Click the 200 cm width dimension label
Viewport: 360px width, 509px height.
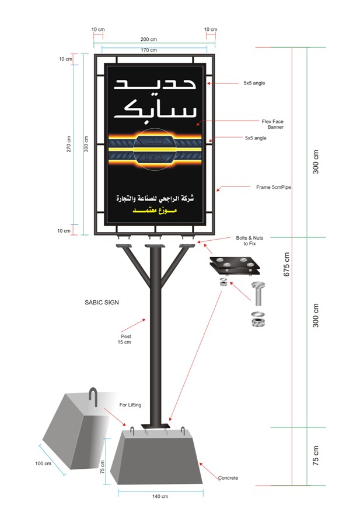pyautogui.click(x=148, y=39)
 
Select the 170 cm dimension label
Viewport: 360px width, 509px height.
pyautogui.click(x=149, y=50)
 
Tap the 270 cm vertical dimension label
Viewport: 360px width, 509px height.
pyautogui.click(x=68, y=144)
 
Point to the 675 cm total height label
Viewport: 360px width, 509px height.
pyautogui.click(x=286, y=265)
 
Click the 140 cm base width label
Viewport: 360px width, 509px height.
pyautogui.click(x=160, y=496)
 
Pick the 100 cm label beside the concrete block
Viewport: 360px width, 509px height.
pyautogui.click(x=43, y=463)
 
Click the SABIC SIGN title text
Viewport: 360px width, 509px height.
pyautogui.click(x=102, y=302)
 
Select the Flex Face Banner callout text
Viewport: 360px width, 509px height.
pyautogui.click(x=272, y=124)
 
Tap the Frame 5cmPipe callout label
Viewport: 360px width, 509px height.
pyautogui.click(x=273, y=187)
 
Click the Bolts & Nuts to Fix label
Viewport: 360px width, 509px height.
pyautogui.click(x=250, y=241)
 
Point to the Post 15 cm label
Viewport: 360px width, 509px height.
pyautogui.click(x=124, y=339)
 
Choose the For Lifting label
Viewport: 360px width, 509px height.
pyautogui.click(x=130, y=405)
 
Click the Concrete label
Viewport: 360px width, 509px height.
pyautogui.click(x=228, y=478)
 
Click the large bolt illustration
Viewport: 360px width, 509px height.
pyautogui.click(x=258, y=294)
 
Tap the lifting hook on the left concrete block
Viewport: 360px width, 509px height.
pyautogui.click(x=93, y=396)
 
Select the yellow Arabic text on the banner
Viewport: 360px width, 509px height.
pyautogui.click(x=155, y=210)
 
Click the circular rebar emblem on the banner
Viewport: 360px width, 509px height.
pyautogui.click(x=155, y=149)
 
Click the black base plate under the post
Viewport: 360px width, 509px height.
pyautogui.click(x=156, y=426)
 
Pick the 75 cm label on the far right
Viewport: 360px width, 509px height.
pyautogui.click(x=316, y=455)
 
